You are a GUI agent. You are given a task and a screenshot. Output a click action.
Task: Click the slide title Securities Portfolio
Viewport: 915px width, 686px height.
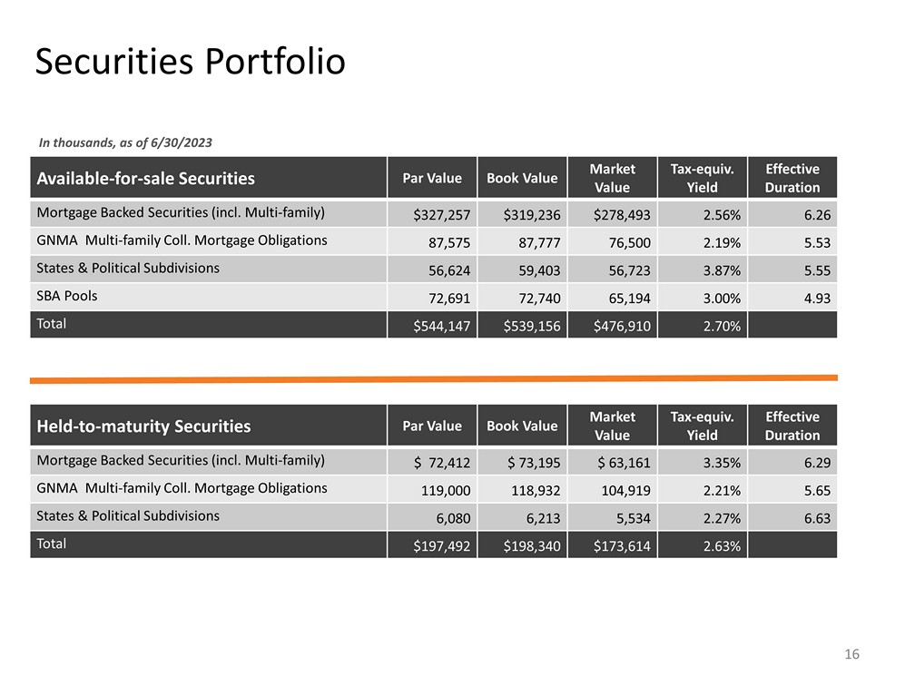click(190, 62)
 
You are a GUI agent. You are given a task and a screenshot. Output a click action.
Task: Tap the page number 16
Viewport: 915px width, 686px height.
click(851, 655)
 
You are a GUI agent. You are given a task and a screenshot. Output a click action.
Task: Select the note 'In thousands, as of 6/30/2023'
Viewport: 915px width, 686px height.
click(125, 142)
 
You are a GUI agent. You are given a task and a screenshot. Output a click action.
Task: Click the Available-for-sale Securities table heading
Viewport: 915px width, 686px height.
click(145, 178)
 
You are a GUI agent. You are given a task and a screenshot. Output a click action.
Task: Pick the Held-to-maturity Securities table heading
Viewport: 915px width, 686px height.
click(143, 426)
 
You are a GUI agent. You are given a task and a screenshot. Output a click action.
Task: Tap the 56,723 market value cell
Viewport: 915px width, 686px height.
click(622, 270)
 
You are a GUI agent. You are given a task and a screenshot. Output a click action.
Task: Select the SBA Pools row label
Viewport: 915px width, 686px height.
click(66, 296)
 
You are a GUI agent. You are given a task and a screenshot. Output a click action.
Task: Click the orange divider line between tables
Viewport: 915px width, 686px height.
click(434, 378)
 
